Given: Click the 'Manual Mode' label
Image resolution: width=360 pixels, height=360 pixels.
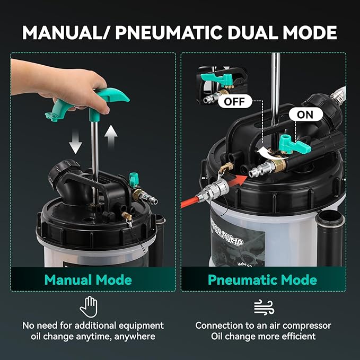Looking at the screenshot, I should (x=88, y=279).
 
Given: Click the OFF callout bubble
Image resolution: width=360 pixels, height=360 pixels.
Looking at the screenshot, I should (x=234, y=101).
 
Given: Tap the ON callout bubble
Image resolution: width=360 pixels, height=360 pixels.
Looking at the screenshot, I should (x=305, y=115).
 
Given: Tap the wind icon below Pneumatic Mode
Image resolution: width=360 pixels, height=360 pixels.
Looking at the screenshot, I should (x=264, y=306).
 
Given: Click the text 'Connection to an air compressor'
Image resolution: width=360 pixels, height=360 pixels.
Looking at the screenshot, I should (x=263, y=325).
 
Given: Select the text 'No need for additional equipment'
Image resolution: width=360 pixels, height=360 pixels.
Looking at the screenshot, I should (x=93, y=325).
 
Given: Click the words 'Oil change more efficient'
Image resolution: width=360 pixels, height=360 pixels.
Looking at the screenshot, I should (x=263, y=336).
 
